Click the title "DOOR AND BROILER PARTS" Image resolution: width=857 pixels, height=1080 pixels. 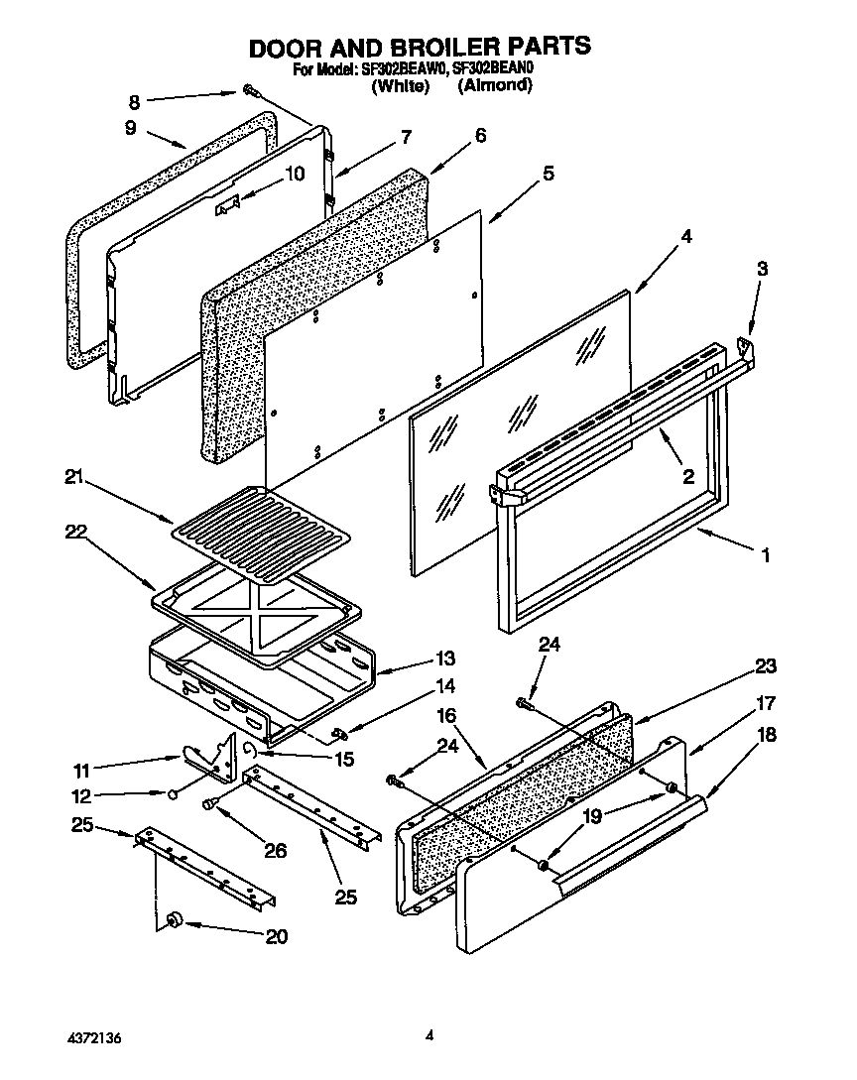[x=419, y=47]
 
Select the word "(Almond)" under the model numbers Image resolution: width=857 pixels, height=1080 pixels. [x=495, y=86]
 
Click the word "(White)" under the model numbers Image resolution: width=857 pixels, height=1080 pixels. [x=399, y=86]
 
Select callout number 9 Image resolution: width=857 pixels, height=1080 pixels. [x=129, y=126]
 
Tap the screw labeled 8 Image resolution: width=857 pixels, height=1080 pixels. [x=250, y=92]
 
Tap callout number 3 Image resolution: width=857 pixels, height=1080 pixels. [x=762, y=269]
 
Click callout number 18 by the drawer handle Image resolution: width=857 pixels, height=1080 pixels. [x=766, y=735]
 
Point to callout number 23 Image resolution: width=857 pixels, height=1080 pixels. [x=765, y=665]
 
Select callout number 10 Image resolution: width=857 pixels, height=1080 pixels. [x=295, y=174]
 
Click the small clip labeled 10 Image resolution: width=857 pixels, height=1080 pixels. [x=229, y=204]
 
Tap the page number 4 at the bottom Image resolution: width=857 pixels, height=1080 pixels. [x=429, y=1036]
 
